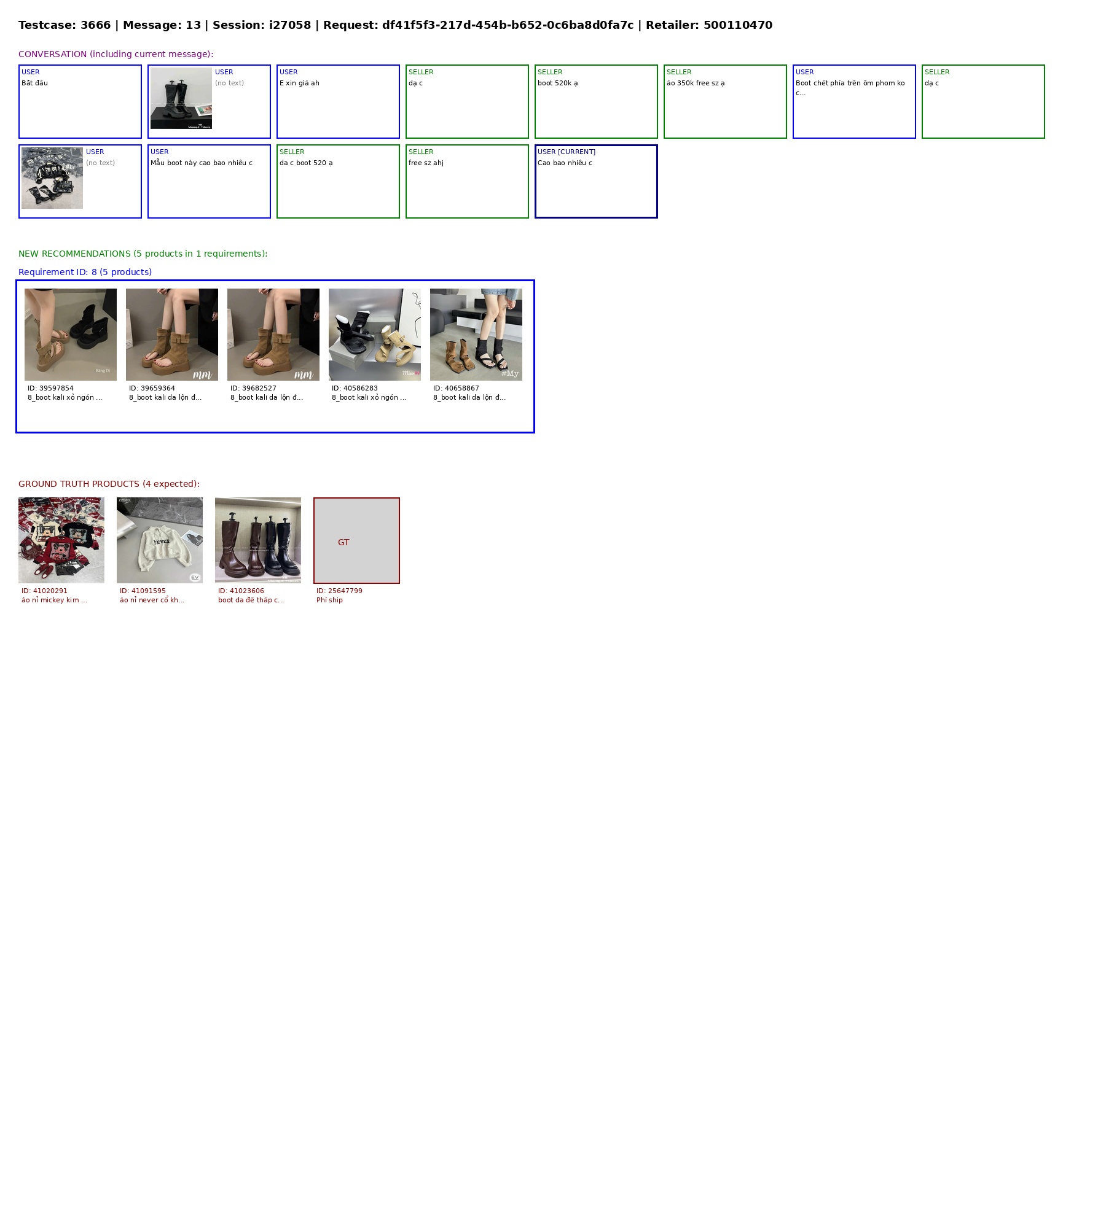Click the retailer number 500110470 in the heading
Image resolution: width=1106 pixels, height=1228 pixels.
(737, 25)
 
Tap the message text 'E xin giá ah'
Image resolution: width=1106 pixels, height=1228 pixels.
(299, 83)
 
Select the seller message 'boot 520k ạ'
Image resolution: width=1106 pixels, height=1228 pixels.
(557, 83)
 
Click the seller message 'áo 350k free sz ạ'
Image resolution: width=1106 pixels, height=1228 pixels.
(696, 83)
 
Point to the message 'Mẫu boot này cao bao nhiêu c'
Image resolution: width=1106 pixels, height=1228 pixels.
(202, 163)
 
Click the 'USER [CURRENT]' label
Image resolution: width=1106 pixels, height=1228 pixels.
(567, 152)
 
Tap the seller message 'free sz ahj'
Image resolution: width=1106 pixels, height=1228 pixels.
(426, 163)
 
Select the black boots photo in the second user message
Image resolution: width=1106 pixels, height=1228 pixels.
(181, 98)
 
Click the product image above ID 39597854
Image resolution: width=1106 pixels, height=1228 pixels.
(71, 335)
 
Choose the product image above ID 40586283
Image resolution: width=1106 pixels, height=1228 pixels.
(375, 335)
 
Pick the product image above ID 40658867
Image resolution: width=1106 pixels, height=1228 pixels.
(476, 335)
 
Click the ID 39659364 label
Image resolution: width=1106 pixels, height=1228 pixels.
(152, 388)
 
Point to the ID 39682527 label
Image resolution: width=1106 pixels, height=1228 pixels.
(253, 388)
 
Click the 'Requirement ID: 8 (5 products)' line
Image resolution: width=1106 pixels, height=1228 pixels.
(85, 272)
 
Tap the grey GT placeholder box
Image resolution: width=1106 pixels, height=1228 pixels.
(356, 540)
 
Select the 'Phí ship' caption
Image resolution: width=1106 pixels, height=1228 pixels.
(329, 600)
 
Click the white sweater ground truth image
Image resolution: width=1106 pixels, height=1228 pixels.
(160, 540)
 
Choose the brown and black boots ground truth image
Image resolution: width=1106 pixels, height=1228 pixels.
(258, 540)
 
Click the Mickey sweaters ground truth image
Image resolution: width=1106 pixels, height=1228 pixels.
(61, 540)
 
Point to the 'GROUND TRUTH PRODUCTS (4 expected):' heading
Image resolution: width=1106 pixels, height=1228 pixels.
(109, 484)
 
